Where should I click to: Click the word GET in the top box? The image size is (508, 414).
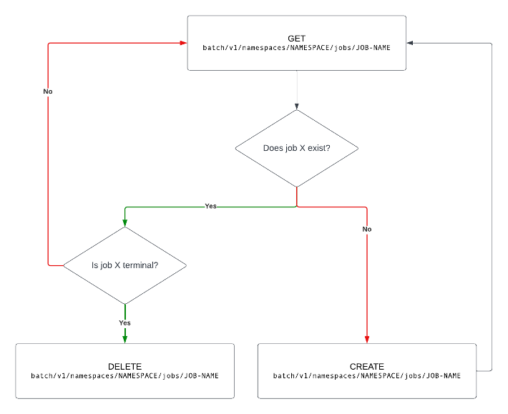[297, 37]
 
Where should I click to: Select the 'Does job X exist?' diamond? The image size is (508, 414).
[296, 149]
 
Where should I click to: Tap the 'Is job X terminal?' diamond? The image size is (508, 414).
[125, 265]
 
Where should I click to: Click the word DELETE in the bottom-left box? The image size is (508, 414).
[124, 366]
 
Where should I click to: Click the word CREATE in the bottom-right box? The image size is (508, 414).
[367, 366]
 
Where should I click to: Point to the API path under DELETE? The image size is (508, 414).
[124, 375]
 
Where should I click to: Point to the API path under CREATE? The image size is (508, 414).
[367, 375]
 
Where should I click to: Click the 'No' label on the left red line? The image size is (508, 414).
[48, 92]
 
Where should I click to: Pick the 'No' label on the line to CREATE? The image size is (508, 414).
[367, 229]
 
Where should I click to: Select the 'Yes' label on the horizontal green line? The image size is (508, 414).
[210, 206]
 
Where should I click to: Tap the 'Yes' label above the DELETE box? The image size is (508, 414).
[124, 322]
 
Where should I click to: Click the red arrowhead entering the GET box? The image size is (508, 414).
[183, 43]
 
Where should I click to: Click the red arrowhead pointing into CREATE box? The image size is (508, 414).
[367, 339]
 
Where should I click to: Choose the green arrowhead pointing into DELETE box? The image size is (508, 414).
[125, 339]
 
